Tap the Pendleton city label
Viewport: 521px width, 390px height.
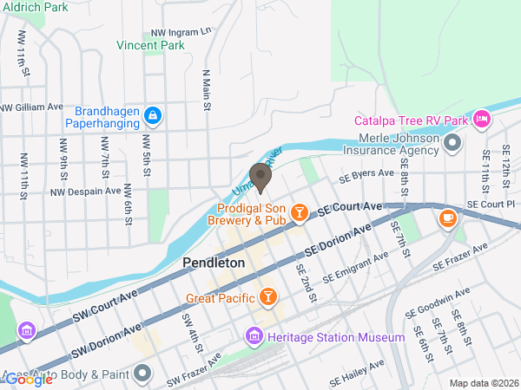[x=213, y=262]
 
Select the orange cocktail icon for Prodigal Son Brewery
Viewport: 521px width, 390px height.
[x=299, y=212]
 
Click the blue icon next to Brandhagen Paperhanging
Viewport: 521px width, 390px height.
[x=152, y=114]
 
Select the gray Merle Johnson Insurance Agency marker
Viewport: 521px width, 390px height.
[x=452, y=141]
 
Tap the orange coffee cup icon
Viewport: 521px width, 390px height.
[x=447, y=218]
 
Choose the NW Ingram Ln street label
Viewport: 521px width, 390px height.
[x=181, y=31]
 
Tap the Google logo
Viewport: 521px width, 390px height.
[x=28, y=379]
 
